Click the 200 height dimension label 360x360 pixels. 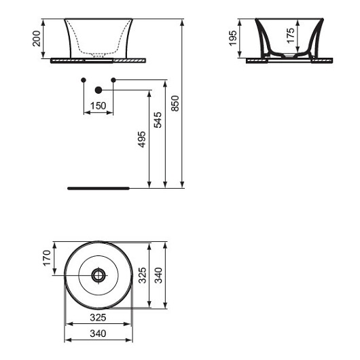(37, 39)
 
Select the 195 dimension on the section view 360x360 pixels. (233, 38)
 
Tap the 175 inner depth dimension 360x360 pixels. (291, 35)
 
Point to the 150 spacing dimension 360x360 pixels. (98, 106)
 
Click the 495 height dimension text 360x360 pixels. (142, 139)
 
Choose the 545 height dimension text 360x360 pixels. (158, 120)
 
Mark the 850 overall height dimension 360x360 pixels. (175, 103)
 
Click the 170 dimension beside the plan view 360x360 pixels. (47, 258)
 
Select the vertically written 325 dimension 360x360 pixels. (142, 275)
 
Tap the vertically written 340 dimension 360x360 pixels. (158, 275)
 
